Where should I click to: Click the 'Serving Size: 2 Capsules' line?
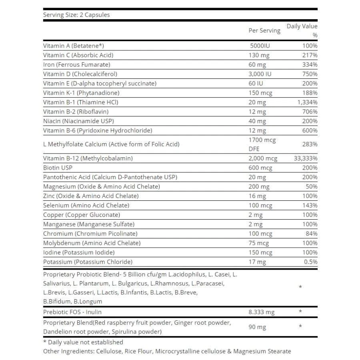(x=76, y=15)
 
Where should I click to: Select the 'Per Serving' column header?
(x=264, y=30)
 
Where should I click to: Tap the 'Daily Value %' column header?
(x=302, y=30)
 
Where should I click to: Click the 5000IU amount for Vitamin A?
(x=260, y=46)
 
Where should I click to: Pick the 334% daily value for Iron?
(x=310, y=64)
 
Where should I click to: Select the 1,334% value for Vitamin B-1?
(x=307, y=102)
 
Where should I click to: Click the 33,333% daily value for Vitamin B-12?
(x=306, y=158)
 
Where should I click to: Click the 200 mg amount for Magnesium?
(x=259, y=186)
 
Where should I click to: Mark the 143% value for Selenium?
(x=310, y=205)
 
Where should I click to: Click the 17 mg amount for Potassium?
(x=257, y=262)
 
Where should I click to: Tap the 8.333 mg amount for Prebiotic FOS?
(x=262, y=312)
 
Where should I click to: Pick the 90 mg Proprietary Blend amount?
(x=257, y=327)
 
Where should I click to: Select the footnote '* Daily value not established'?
(x=83, y=342)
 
